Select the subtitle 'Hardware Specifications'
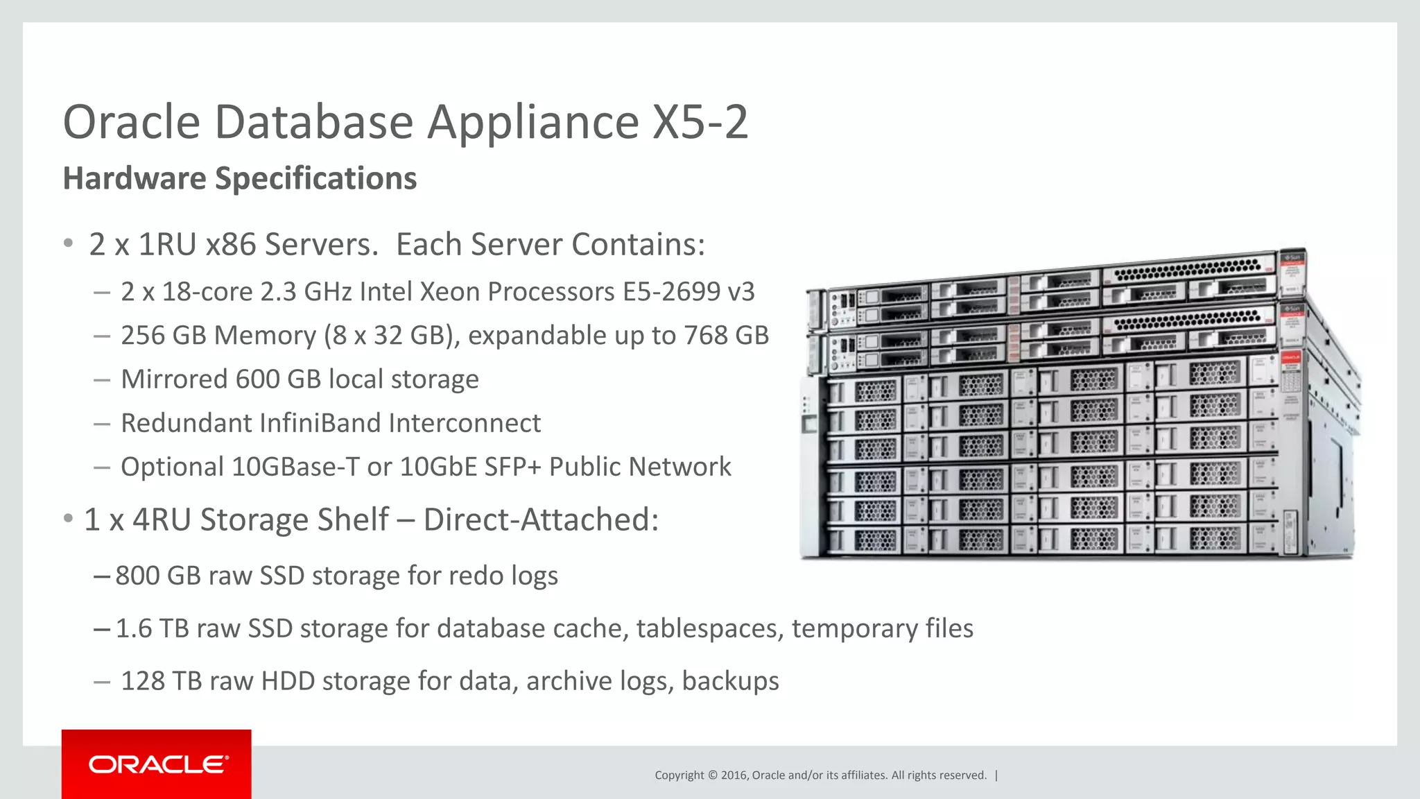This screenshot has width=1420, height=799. (x=240, y=178)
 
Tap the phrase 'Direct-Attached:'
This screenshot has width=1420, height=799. (x=541, y=520)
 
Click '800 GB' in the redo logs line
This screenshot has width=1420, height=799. (x=157, y=576)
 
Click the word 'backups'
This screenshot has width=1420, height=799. (x=730, y=681)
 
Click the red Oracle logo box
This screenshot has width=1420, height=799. (x=157, y=764)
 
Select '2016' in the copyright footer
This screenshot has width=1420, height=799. (x=734, y=775)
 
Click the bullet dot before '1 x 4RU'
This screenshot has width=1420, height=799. (x=68, y=519)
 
